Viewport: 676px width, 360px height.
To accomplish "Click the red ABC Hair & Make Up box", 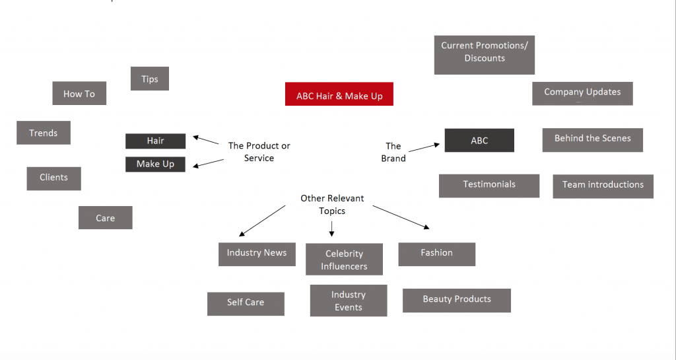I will [339, 94].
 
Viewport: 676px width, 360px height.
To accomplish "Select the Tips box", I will [150, 79].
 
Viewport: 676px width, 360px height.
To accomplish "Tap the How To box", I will [79, 94].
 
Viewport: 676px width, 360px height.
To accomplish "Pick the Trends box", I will [44, 133].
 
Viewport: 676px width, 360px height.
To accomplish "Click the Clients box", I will [53, 178].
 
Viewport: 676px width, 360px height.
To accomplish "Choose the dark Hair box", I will [156, 141].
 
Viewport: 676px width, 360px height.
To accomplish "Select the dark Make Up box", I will [156, 164].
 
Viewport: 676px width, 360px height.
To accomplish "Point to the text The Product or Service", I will [259, 152].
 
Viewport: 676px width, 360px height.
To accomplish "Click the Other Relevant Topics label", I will [332, 205].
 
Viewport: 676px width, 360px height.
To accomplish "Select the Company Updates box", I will [582, 93].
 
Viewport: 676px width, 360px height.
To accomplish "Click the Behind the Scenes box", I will [593, 139].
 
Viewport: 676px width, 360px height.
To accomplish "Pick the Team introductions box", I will [603, 186].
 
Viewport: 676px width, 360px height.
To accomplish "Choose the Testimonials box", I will [489, 186].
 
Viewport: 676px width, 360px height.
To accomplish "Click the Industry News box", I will [257, 254].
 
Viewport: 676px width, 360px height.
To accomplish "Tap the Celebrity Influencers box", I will [344, 260].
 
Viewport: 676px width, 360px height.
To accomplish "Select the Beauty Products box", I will [457, 300].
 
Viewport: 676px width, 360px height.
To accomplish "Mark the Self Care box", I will [246, 303].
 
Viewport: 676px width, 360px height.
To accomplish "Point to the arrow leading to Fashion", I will [401, 217].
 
